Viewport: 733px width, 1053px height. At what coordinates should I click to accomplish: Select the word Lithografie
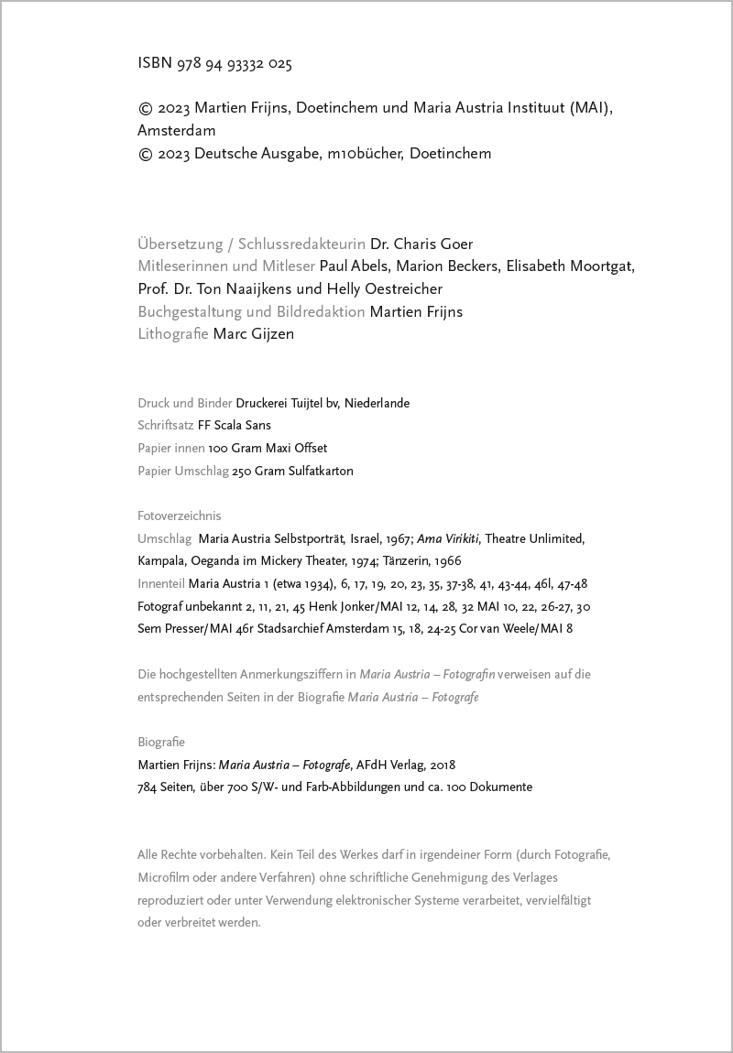pos(173,334)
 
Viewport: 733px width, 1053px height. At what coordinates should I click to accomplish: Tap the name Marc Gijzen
pos(254,334)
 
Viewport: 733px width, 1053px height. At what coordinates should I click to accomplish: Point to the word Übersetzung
pos(181,244)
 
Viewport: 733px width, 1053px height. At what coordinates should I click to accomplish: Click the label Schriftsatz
pos(166,425)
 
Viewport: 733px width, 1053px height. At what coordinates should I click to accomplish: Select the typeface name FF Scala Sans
pos(235,425)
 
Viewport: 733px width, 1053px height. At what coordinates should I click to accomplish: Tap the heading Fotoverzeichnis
pos(180,516)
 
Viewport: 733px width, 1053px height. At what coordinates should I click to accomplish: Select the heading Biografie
pos(161,742)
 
